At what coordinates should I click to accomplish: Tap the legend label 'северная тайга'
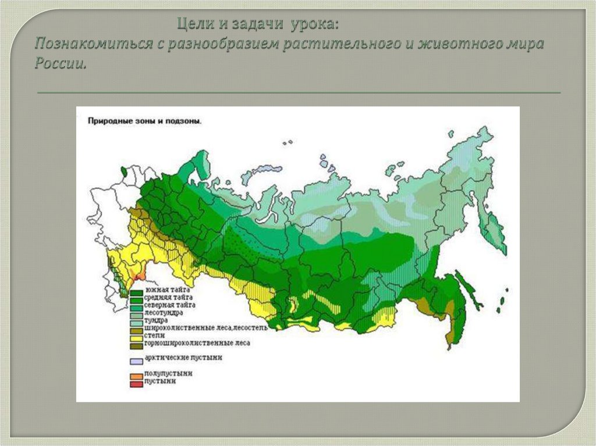(x=170, y=305)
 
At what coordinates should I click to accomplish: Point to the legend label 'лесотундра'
(x=164, y=312)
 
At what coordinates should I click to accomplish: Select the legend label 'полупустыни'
(x=168, y=373)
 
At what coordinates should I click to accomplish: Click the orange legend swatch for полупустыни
(x=136, y=376)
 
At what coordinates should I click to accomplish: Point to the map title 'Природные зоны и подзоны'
(x=144, y=122)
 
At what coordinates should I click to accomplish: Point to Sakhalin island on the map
(x=469, y=291)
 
